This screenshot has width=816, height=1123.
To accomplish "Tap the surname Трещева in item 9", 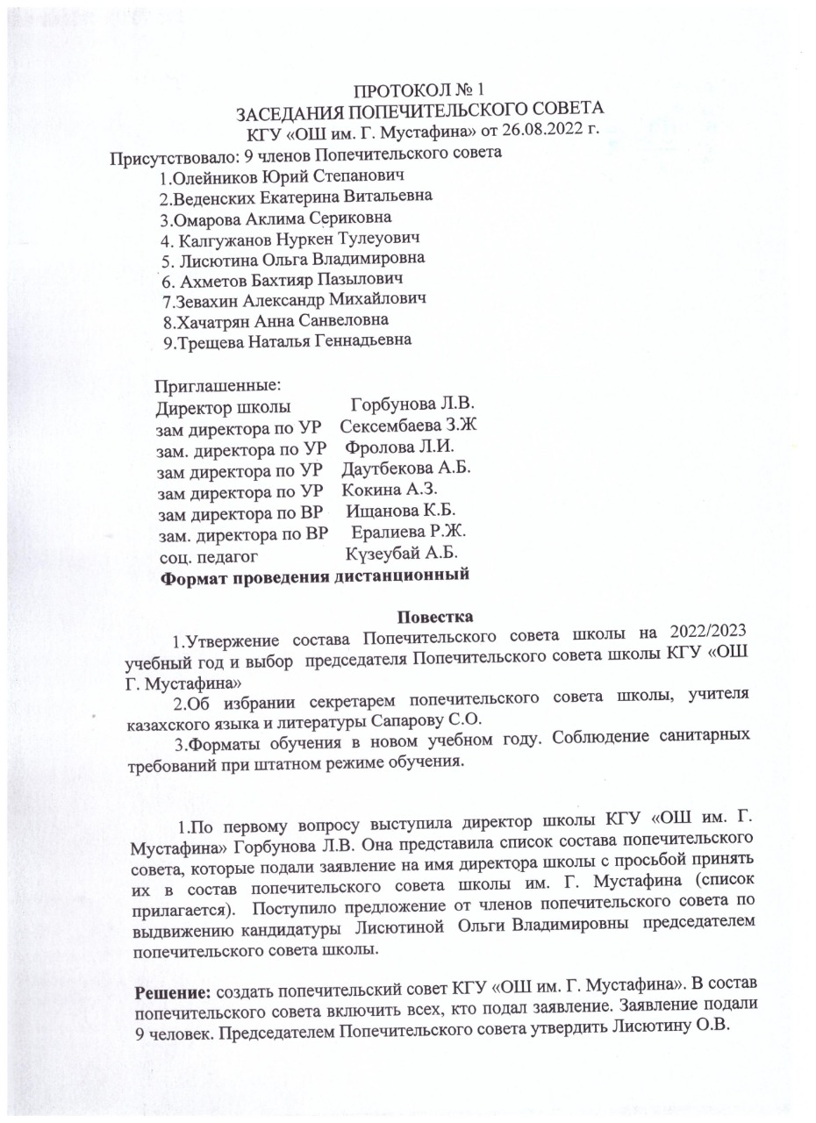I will [x=211, y=340].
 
